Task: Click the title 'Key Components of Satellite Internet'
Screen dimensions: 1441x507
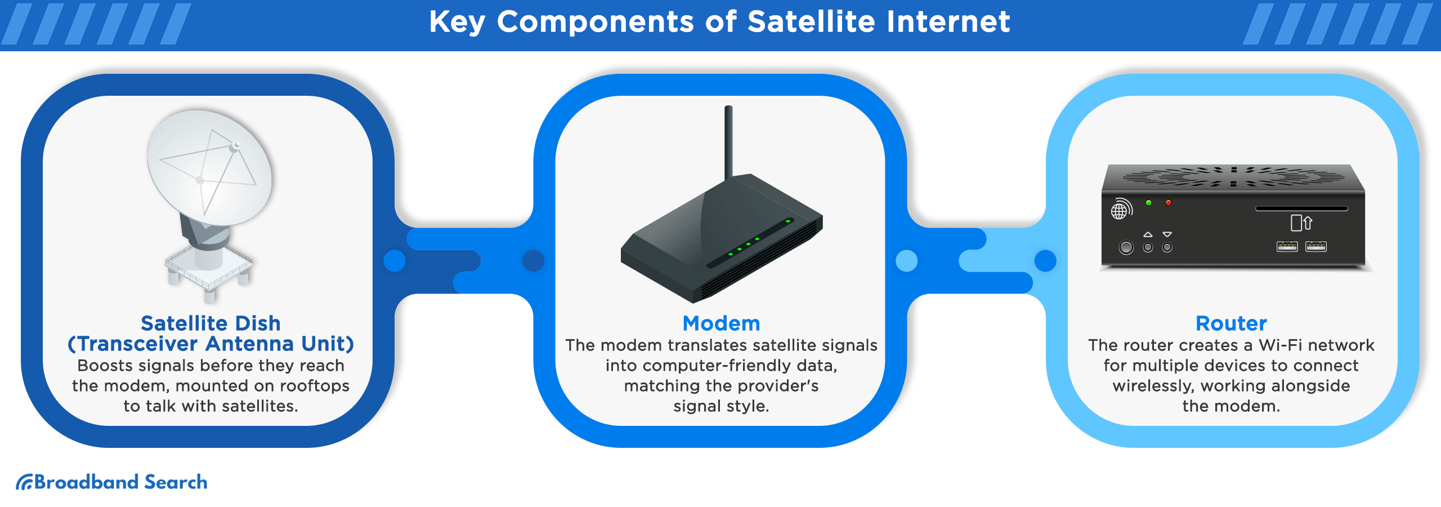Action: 720,22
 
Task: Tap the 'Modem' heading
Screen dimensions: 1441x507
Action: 721,323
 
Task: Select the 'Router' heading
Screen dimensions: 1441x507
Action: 1231,323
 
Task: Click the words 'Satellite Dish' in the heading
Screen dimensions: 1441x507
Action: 211,323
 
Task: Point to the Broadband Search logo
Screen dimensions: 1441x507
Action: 111,482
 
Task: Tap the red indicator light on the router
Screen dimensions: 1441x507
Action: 1168,203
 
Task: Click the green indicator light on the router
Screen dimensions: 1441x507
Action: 1149,203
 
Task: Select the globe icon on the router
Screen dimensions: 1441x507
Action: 1120,210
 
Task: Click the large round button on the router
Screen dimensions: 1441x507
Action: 1126,247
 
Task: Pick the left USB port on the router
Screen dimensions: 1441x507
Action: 1287,246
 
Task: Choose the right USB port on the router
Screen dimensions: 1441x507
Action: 1315,246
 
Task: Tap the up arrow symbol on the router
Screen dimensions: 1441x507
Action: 1148,234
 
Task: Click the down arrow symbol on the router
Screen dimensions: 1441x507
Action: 1167,234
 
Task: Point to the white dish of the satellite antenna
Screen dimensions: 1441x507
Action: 209,167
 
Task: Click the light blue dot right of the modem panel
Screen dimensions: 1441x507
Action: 906,261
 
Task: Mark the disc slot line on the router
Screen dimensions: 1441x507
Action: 1301,208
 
